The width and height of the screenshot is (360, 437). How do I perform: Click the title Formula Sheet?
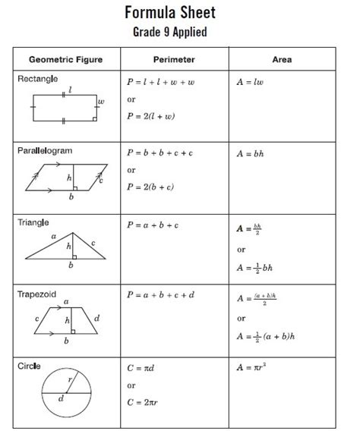point(180,13)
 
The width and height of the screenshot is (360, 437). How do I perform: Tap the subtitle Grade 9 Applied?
point(180,32)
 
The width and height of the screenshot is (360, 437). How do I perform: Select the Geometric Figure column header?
point(65,59)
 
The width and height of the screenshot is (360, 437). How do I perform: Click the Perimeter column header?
point(174,59)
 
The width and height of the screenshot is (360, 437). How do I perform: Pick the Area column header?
point(282,59)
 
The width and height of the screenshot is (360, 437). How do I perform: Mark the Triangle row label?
point(34,222)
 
